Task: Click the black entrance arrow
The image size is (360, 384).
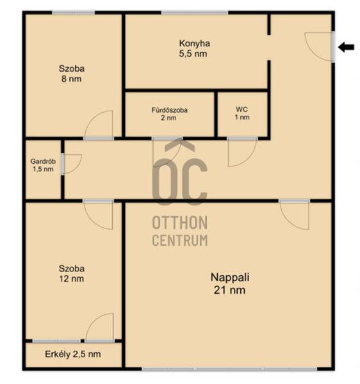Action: coord(346,47)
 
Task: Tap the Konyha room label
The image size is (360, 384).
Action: coord(194,44)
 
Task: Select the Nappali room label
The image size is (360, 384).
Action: coord(230,277)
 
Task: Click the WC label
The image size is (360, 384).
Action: coord(241,109)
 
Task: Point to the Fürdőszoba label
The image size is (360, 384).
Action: coord(169,110)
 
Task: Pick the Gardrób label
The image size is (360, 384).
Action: coord(43,161)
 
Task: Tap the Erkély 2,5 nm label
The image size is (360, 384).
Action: coord(73,354)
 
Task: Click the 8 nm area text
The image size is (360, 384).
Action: coord(71,79)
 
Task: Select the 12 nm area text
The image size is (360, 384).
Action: coord(71,278)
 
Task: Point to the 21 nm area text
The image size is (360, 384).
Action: coord(229,290)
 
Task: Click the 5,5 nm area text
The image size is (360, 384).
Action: coord(193,54)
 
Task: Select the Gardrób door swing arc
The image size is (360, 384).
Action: coord(78,167)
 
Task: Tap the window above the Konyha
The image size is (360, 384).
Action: coord(195,13)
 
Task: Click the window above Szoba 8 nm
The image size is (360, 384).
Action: coord(74,13)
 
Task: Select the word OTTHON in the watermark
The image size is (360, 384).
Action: coord(180,223)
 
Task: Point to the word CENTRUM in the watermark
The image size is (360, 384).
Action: coord(180,240)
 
